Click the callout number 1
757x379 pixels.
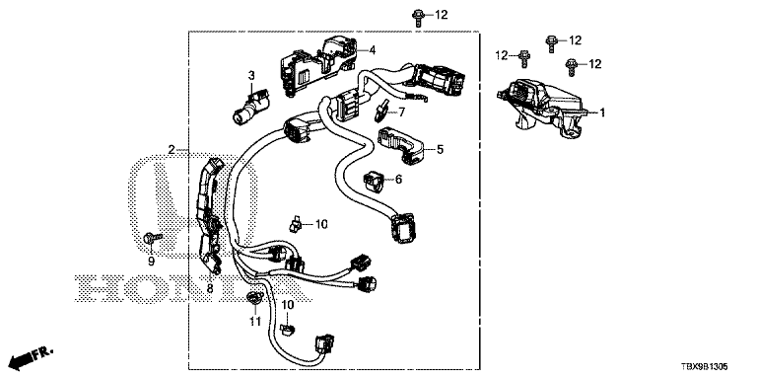[602, 113]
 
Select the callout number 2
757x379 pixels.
[172, 150]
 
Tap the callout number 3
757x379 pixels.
[251, 75]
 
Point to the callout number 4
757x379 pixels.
[373, 49]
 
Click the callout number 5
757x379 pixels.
[440, 149]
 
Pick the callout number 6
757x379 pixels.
[398, 180]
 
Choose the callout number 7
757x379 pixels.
[402, 113]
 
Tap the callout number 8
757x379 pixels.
[210, 289]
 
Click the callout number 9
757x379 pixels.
[151, 262]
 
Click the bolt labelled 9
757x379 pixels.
[153, 238]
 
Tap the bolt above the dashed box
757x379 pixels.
[418, 17]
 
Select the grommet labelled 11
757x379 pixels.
[254, 298]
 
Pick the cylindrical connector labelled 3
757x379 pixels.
[250, 106]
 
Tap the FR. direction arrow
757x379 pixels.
[32, 356]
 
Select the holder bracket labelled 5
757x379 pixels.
[402, 145]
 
